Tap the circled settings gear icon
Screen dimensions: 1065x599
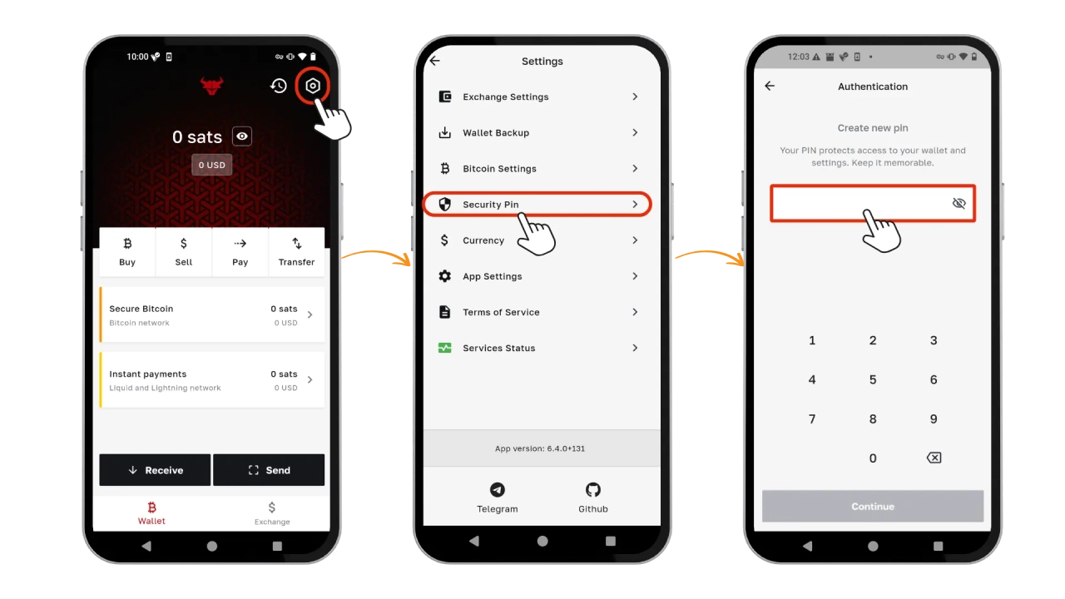pyautogui.click(x=312, y=86)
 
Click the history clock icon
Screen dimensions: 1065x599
pyautogui.click(x=279, y=86)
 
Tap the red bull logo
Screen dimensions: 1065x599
pyautogui.click(x=211, y=86)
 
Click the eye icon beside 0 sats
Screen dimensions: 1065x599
pyautogui.click(x=242, y=136)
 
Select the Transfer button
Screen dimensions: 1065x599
pyautogui.click(x=297, y=252)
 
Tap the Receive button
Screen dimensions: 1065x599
pyautogui.click(x=155, y=470)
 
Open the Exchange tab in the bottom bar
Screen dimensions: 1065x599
pyautogui.click(x=272, y=513)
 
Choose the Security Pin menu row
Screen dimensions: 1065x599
pyautogui.click(x=537, y=205)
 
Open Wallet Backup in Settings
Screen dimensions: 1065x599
pyautogui.click(x=537, y=132)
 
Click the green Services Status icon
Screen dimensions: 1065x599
pyautogui.click(x=444, y=348)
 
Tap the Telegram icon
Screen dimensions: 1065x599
pyautogui.click(x=498, y=490)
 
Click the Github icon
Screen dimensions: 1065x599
pyautogui.click(x=593, y=490)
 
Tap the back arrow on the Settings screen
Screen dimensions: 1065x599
pyautogui.click(x=435, y=61)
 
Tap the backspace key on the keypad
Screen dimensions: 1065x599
pyautogui.click(x=934, y=458)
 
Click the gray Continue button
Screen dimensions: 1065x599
pyautogui.click(x=873, y=507)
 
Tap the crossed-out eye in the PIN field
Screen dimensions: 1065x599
pyautogui.click(x=959, y=204)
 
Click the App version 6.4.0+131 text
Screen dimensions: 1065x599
pyautogui.click(x=540, y=448)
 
